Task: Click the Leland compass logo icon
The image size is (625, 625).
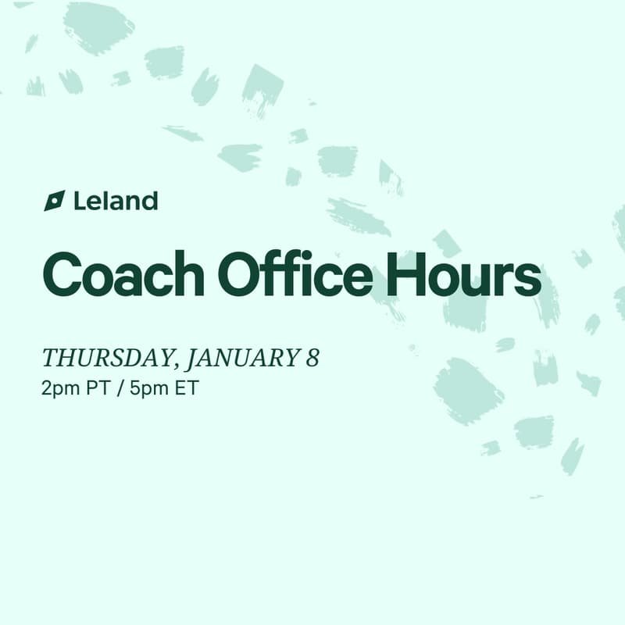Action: click(x=54, y=201)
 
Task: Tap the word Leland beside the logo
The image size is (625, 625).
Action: click(x=116, y=201)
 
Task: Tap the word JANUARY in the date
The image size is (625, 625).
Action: click(x=242, y=359)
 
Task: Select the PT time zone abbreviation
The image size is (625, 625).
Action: click(x=96, y=388)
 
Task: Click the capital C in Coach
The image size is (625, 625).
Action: click(x=64, y=273)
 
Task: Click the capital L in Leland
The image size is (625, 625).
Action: click(x=79, y=201)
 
